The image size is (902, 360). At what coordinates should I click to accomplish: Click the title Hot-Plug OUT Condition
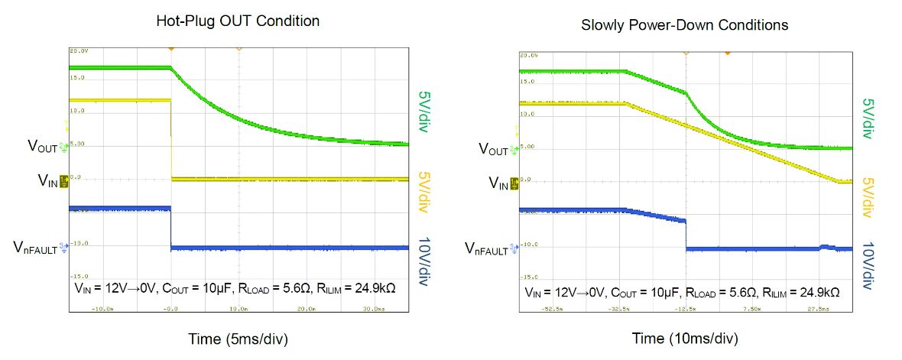[x=238, y=21]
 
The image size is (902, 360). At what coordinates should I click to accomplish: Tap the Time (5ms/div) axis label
[x=238, y=337]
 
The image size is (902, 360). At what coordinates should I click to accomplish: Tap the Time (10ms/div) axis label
[x=685, y=339]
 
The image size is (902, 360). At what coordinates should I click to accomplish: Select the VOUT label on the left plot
[x=43, y=145]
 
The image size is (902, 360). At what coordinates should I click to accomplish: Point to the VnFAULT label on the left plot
[x=36, y=247]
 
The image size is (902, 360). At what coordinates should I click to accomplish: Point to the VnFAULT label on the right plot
[x=489, y=248]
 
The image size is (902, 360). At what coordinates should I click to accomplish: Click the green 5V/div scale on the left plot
[x=423, y=112]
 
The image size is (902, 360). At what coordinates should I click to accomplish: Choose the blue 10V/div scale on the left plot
[x=425, y=261]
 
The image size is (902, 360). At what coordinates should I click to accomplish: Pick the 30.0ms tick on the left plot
[x=377, y=310]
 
